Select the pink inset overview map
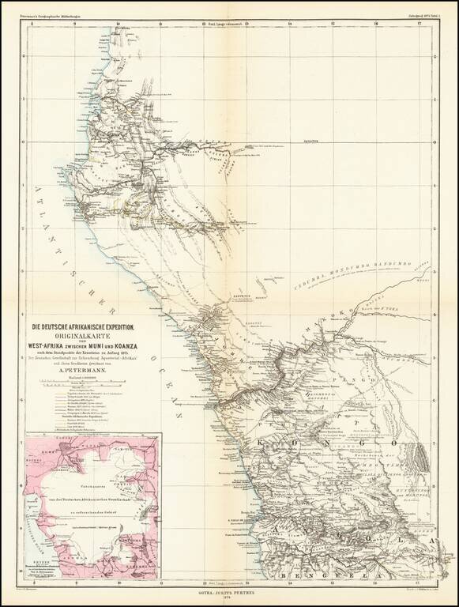click(x=92, y=507)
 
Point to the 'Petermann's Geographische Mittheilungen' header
click(x=58, y=13)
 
